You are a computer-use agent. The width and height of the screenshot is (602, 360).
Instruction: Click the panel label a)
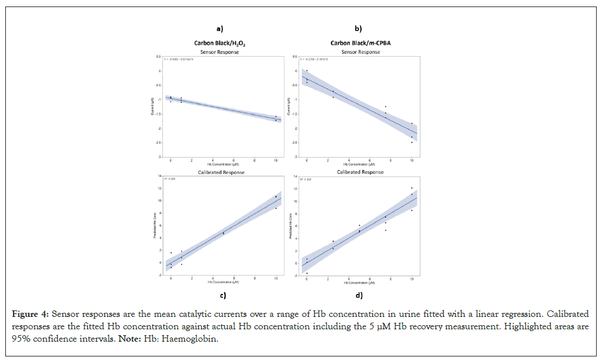click(220, 28)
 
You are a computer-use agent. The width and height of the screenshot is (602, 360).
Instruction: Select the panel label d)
click(358, 295)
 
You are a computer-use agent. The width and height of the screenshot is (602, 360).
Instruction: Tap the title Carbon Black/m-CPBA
click(358, 43)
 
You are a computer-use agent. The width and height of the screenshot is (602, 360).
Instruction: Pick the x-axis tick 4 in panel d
click(349, 279)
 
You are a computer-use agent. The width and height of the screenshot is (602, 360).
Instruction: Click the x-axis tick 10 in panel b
click(412, 161)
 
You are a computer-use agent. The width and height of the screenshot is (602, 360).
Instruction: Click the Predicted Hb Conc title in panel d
click(290, 225)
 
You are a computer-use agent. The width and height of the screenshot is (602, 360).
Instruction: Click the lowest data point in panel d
click(307, 273)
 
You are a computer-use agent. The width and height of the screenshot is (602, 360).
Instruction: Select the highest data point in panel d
click(412, 188)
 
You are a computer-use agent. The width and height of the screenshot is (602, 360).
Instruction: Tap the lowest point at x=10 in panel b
click(412, 142)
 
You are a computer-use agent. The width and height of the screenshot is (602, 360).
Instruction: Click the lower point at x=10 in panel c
click(276, 208)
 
